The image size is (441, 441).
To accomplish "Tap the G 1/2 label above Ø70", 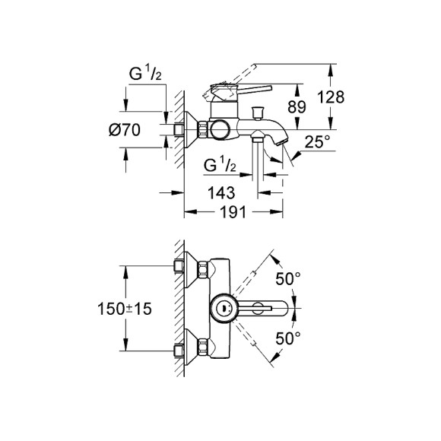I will [x=144, y=77].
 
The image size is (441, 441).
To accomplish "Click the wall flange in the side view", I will [x=192, y=130].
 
